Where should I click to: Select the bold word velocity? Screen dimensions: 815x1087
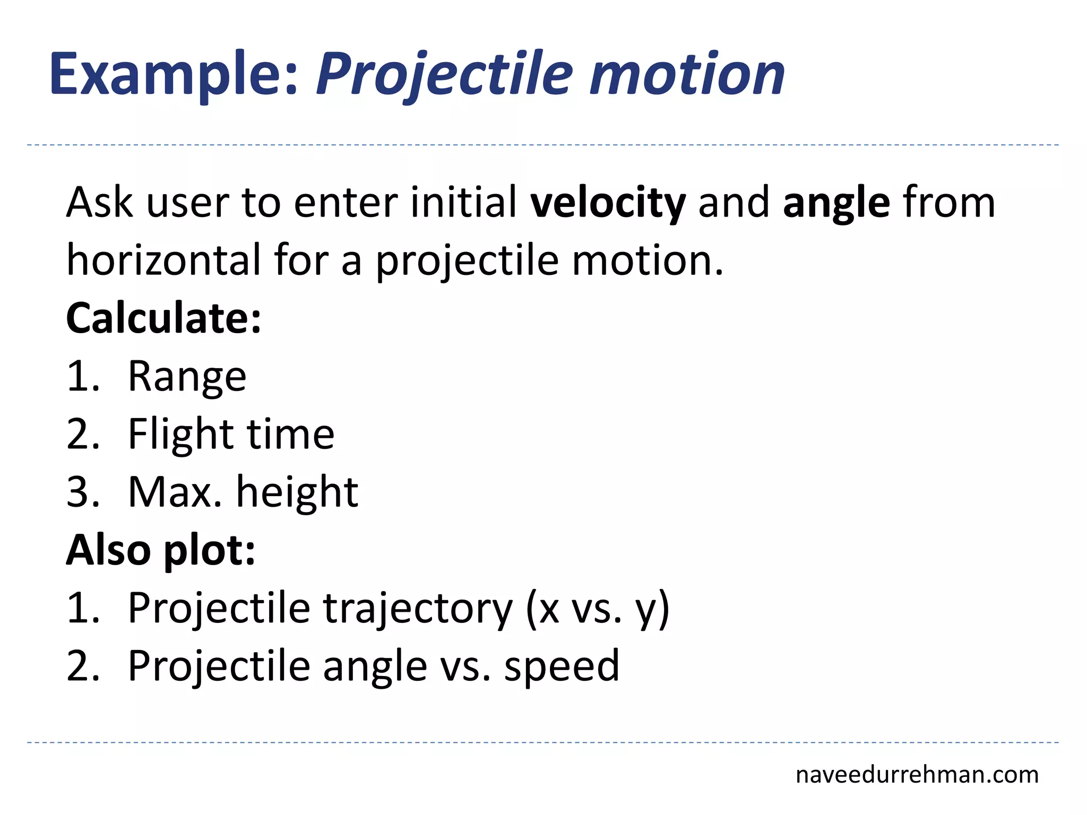coord(608,203)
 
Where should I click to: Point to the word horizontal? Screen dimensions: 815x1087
coord(163,260)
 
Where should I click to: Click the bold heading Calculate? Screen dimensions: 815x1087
coord(163,318)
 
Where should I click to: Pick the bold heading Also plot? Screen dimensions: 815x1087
coord(160,550)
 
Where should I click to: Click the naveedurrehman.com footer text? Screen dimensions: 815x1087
coord(917,775)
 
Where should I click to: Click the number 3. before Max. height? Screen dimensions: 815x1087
coord(83,492)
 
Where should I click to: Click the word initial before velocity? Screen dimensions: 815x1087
coord(463,203)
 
